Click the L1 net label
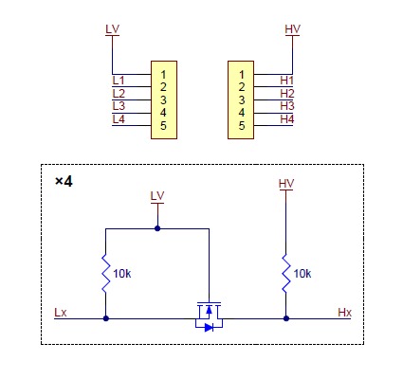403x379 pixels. [x=119, y=80]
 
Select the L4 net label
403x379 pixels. [x=119, y=118]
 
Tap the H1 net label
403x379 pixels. [x=287, y=80]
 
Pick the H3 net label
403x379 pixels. [x=287, y=106]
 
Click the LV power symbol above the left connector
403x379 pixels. [x=114, y=30]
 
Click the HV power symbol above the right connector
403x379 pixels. [x=292, y=30]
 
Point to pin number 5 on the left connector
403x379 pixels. [x=165, y=125]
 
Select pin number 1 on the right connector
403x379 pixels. [x=244, y=73]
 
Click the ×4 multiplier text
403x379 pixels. [x=64, y=180]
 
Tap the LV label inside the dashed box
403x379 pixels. [x=157, y=195]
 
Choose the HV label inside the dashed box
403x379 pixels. [x=285, y=182]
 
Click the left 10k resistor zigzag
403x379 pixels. [x=104, y=274]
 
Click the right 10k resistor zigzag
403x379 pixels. [x=285, y=274]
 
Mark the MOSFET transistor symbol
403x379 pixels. [x=207, y=316]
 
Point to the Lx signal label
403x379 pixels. [x=61, y=311]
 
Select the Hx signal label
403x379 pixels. [x=344, y=311]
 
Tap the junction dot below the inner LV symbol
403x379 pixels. [x=157, y=228]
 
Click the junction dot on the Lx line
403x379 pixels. [x=104, y=318]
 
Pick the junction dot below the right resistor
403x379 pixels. [x=285, y=318]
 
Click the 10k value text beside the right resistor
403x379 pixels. [x=302, y=273]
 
